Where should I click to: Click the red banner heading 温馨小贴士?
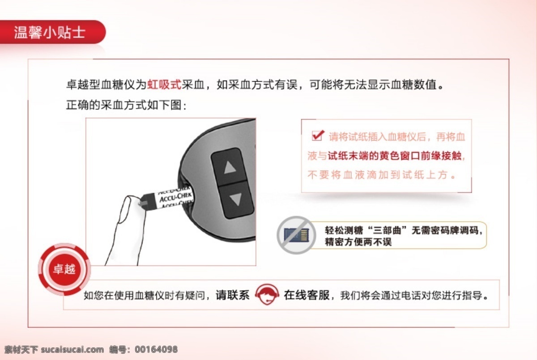coord(50,32)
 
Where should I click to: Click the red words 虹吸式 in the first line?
coord(164,85)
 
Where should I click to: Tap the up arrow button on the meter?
coord(229,166)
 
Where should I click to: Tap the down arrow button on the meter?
coord(236,199)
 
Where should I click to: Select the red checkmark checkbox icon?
coord(318,136)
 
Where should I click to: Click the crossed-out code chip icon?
coord(296,235)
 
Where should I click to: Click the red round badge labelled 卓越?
coord(64,269)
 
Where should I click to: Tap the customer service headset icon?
coord(267,294)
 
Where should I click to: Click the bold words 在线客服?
coord(307,295)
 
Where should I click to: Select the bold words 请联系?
coord(233,295)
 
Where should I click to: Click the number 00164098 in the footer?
coord(156,349)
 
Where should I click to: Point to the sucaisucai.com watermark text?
coord(72,350)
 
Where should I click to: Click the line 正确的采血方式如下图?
coord(126,105)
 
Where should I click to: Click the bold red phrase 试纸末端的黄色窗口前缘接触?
coord(395,156)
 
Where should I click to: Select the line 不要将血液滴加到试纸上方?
coord(381,175)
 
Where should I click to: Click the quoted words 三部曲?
coord(387,230)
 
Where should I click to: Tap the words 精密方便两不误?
coord(358,242)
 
